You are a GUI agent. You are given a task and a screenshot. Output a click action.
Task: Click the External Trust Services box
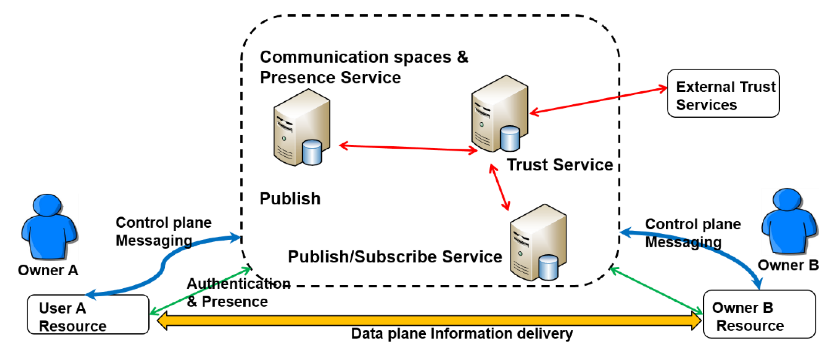(723, 93)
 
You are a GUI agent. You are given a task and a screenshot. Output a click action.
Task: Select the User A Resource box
(88, 314)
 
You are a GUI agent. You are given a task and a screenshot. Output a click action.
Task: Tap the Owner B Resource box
(759, 314)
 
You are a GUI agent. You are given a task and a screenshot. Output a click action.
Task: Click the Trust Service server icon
(499, 114)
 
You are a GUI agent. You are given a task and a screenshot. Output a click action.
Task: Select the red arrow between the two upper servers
(408, 148)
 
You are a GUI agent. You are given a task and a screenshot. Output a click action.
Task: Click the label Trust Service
(559, 165)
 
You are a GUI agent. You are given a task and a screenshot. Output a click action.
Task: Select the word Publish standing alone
(290, 199)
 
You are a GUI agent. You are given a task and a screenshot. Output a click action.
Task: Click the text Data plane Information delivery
(462, 334)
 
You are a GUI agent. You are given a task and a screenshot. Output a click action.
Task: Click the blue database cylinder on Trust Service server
(509, 139)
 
